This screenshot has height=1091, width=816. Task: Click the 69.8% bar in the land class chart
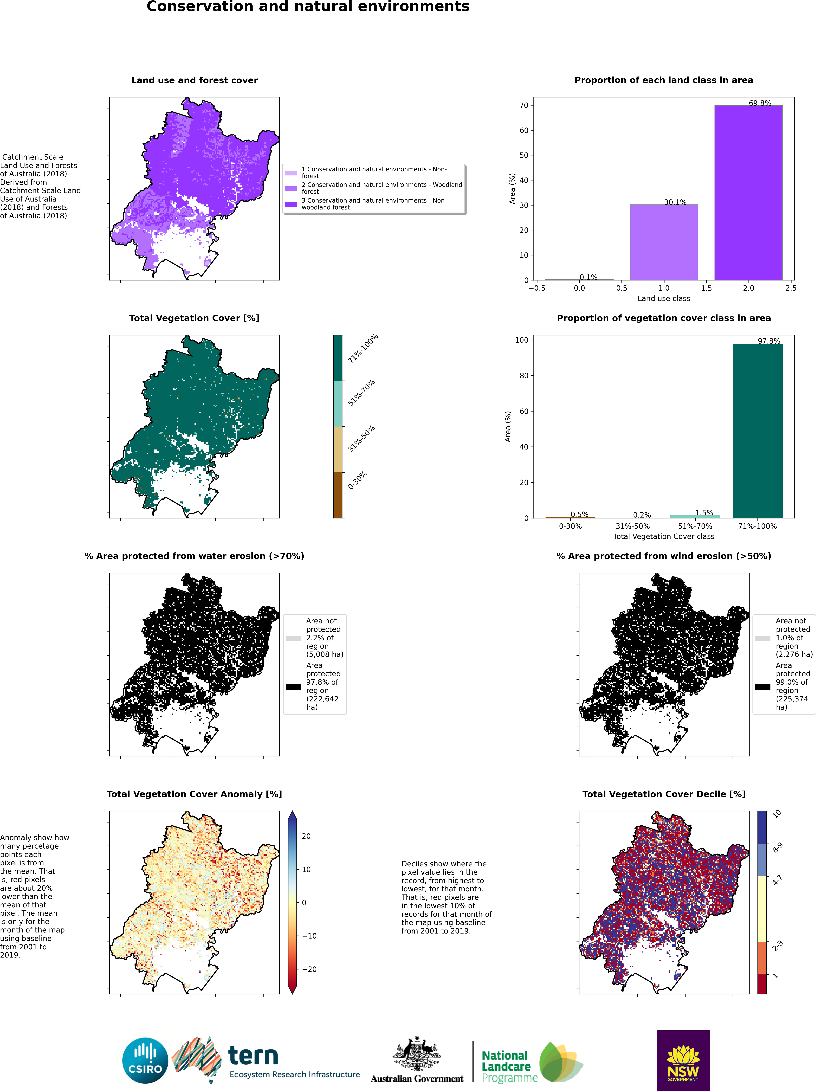point(749,193)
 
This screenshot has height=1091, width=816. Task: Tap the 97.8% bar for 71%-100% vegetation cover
point(757,430)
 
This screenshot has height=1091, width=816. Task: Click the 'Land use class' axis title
point(664,298)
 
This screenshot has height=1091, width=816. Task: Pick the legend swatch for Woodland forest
point(291,188)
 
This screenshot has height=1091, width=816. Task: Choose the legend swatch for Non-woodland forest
point(291,204)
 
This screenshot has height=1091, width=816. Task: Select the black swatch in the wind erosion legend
point(763,687)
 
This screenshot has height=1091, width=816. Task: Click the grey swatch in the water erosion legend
point(293,638)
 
